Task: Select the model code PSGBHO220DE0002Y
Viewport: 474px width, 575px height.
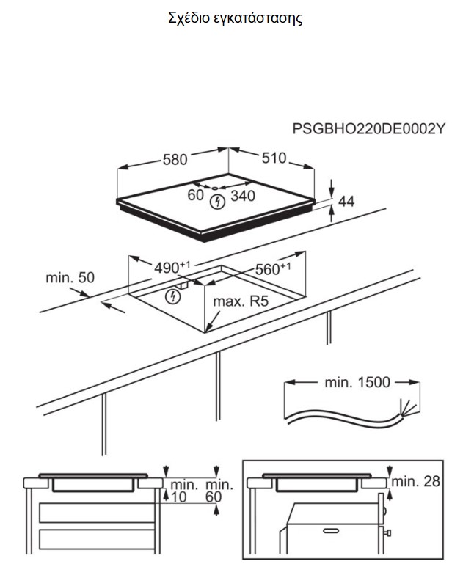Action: tap(369, 130)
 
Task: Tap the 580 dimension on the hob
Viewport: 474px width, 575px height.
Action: tap(175, 158)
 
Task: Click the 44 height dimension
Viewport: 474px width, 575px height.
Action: tap(346, 200)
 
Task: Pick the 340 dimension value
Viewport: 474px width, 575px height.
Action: tap(243, 196)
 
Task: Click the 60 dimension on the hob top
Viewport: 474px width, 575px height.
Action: tap(194, 196)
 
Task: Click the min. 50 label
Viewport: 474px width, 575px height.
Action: tap(70, 278)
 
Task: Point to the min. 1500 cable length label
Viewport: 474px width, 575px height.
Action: tap(357, 382)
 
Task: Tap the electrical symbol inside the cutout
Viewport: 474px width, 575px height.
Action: tap(172, 296)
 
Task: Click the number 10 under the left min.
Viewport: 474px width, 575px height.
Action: tap(179, 498)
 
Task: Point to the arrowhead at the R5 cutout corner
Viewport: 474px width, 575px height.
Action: tap(209, 325)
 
